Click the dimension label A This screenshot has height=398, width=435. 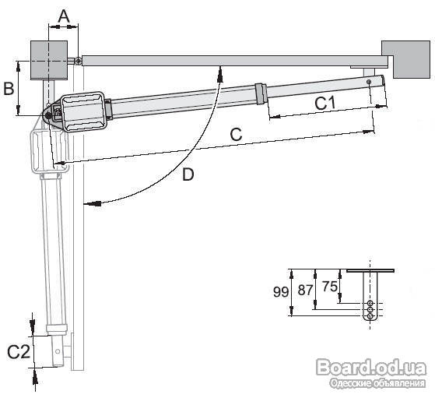[64, 16]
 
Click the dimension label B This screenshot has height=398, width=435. [9, 89]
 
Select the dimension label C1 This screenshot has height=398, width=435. [325, 104]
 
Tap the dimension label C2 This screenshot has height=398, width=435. [19, 352]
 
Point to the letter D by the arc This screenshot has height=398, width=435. [188, 174]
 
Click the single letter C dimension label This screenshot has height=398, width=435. [236, 135]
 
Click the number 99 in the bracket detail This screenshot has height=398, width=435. [281, 292]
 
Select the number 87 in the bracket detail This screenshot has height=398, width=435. [305, 291]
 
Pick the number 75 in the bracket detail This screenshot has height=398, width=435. [330, 287]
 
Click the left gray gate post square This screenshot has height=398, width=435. [49, 60]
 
